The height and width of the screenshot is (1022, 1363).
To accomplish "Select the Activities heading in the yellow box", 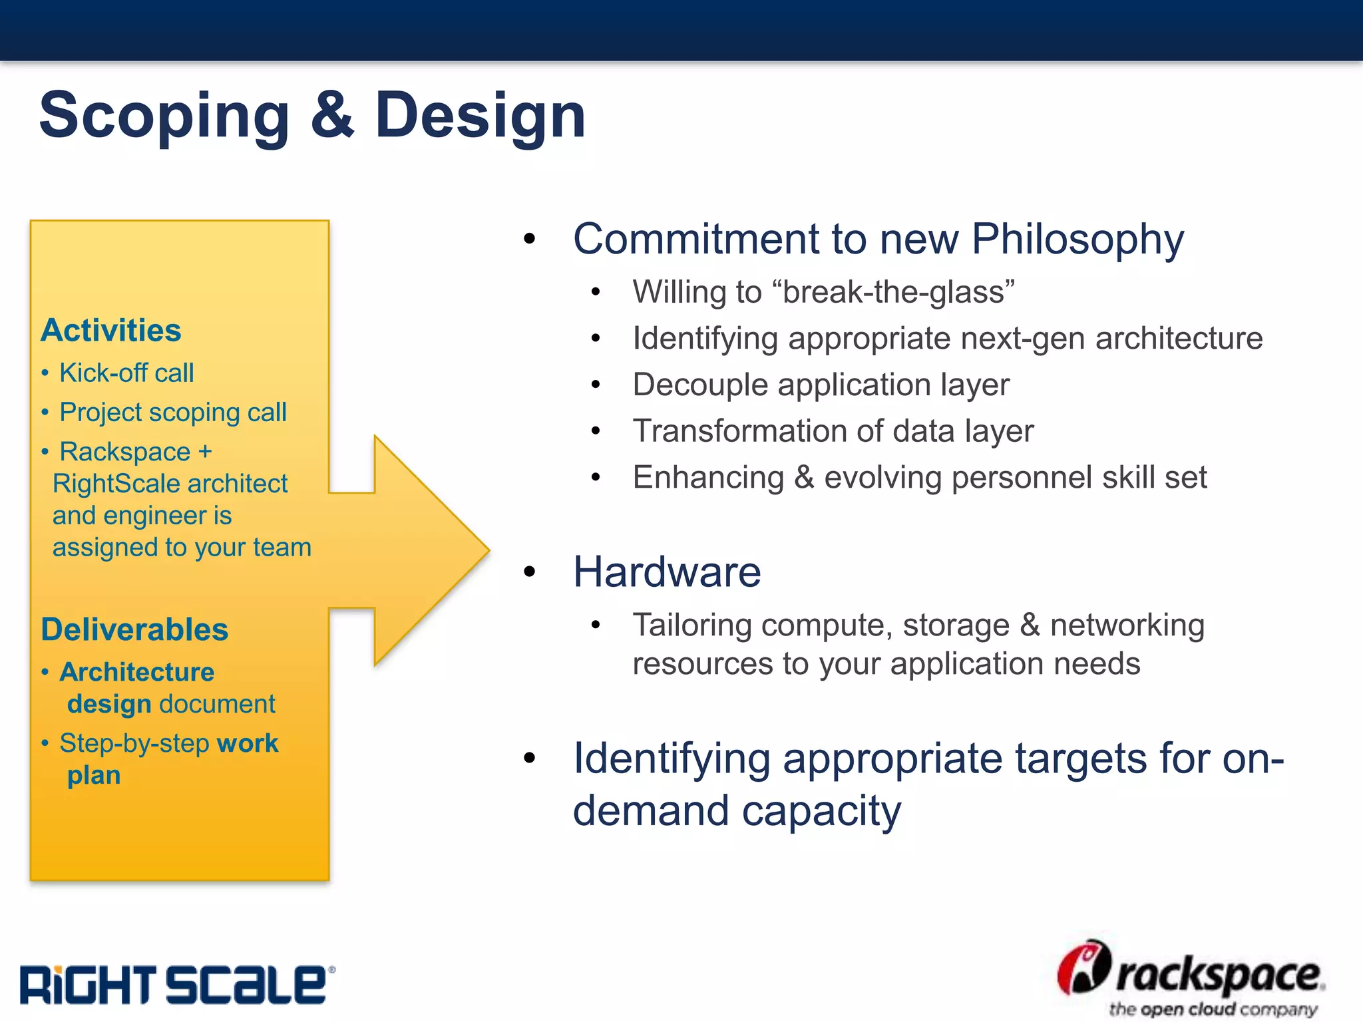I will coord(111,331).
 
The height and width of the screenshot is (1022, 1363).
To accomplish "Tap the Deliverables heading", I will coord(134,629).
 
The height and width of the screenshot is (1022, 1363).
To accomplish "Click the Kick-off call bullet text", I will coord(126,373).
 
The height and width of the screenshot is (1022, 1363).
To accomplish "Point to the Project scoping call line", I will coord(173,413).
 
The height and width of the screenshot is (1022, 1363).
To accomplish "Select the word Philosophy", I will coord(1077,239).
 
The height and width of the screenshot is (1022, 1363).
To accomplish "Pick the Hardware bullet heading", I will coord(667,572).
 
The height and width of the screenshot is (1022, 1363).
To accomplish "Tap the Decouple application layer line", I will coord(821,385).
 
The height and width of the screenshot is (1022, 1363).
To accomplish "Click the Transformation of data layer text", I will coord(833,431).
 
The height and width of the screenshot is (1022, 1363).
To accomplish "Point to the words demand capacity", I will coord(737,811).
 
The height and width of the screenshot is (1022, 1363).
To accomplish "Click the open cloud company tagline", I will coord(1213,1009).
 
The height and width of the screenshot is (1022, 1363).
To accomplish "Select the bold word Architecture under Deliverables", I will coord(137,673).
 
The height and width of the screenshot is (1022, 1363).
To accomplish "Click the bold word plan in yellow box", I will coord(94,776).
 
